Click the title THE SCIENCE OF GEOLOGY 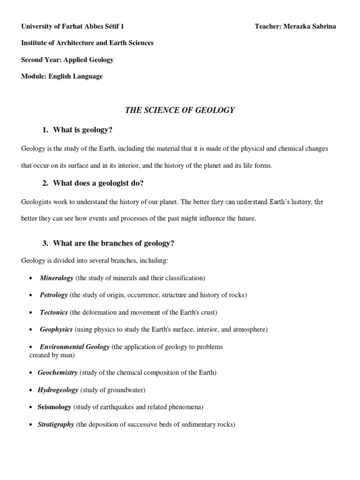[x=180, y=110]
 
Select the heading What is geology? [x=82, y=130]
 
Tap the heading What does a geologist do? [x=98, y=183]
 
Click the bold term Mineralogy [x=57, y=278]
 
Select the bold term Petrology [x=54, y=295]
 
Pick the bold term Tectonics [x=54, y=312]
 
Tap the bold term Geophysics [x=56, y=330]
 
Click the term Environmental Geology [x=75, y=347]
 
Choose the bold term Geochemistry [x=58, y=373]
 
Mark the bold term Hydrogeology [x=58, y=390]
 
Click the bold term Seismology [x=54, y=407]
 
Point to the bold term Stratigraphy [x=56, y=424]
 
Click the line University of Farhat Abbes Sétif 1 [x=73, y=26]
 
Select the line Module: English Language [x=62, y=76]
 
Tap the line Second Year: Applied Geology [x=67, y=60]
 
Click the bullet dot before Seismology [x=31, y=407]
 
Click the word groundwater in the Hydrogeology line [x=127, y=390]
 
